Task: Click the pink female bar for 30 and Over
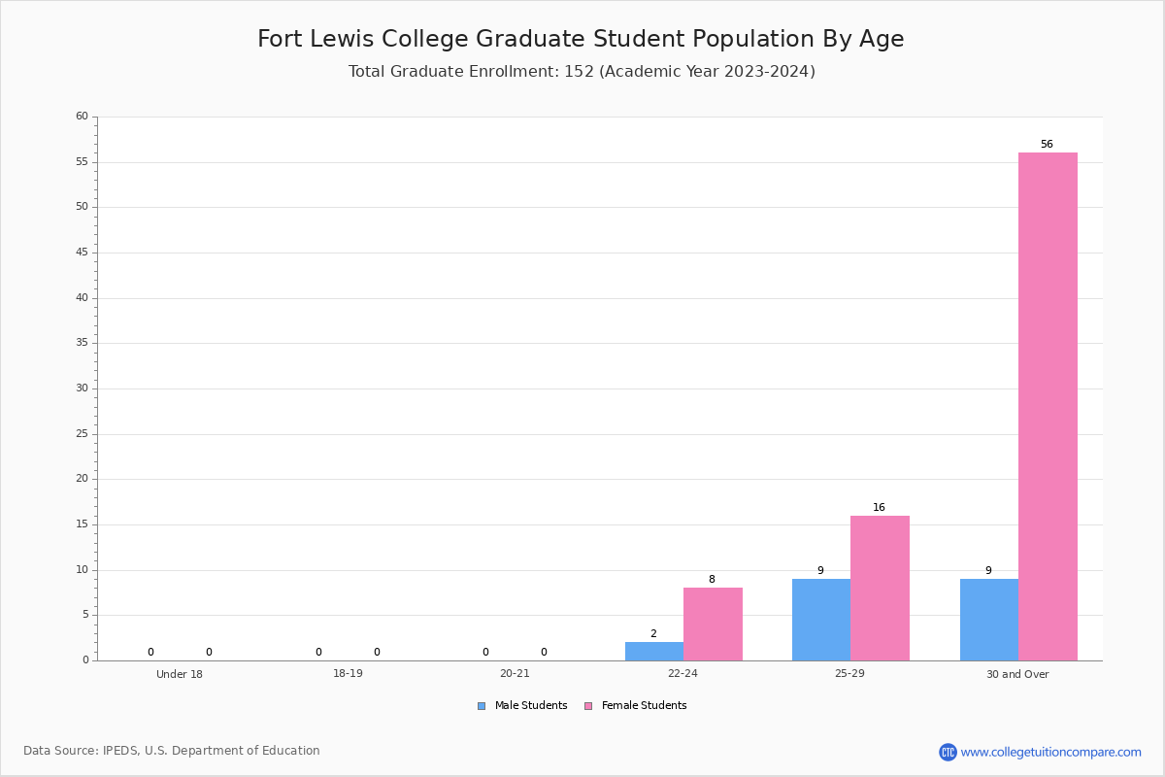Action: tap(1048, 406)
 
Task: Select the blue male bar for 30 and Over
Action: tap(989, 620)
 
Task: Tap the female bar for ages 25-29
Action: tap(880, 588)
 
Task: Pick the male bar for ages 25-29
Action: tap(821, 620)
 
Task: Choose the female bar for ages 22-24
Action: tap(713, 624)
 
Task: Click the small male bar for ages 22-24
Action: tap(654, 652)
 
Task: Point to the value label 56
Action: tap(1047, 144)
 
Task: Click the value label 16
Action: tap(879, 507)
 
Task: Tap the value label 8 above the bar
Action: tap(712, 579)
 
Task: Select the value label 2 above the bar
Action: tap(653, 634)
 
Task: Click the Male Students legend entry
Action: tap(522, 706)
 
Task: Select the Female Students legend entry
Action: tap(636, 706)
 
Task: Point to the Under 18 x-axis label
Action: tap(180, 674)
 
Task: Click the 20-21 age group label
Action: tap(515, 673)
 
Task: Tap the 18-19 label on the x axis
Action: tap(348, 673)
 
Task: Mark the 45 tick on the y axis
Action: tap(83, 253)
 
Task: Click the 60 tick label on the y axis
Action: tap(83, 116)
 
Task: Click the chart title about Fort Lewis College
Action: tap(581, 39)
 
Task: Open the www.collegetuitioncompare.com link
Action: tap(1051, 752)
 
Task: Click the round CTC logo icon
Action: tap(948, 752)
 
